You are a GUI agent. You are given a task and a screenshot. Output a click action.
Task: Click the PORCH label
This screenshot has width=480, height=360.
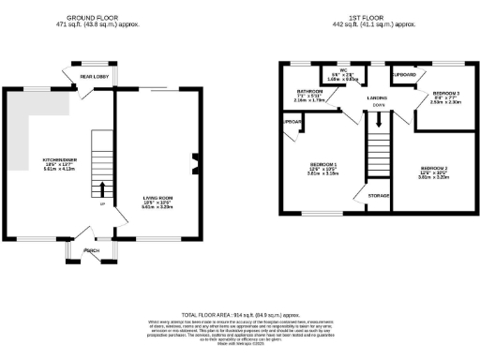point(92,251)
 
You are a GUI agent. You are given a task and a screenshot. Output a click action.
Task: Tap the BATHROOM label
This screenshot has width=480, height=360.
point(309,91)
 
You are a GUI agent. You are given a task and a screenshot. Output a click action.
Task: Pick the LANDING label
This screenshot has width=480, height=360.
point(377,97)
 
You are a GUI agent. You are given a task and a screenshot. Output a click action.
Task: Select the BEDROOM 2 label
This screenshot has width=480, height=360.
point(432,168)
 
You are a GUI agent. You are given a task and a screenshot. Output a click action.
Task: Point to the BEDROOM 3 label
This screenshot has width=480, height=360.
point(445,94)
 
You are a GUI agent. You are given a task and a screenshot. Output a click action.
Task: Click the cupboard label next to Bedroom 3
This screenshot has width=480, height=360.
point(405,72)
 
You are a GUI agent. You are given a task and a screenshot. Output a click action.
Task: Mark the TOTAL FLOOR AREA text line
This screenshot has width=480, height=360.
point(240,313)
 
